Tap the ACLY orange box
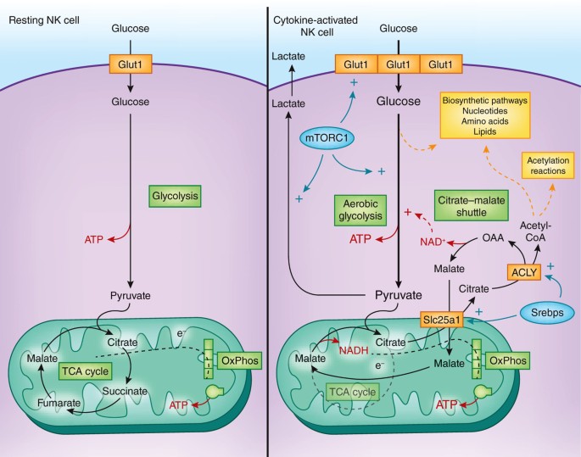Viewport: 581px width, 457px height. pos(521,272)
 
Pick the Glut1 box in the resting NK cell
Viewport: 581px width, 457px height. pos(131,63)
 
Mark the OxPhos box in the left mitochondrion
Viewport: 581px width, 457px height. pos(239,359)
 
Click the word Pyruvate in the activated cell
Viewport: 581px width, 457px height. pos(399,296)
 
